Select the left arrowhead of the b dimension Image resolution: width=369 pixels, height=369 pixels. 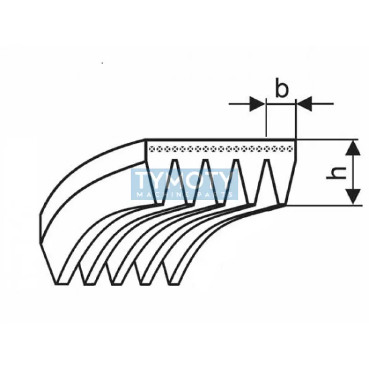click(258, 103)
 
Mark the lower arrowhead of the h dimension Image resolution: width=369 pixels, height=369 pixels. click(353, 196)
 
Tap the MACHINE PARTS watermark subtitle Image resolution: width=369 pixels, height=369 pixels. click(185, 195)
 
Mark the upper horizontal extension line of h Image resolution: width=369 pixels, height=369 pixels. click(327, 139)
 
